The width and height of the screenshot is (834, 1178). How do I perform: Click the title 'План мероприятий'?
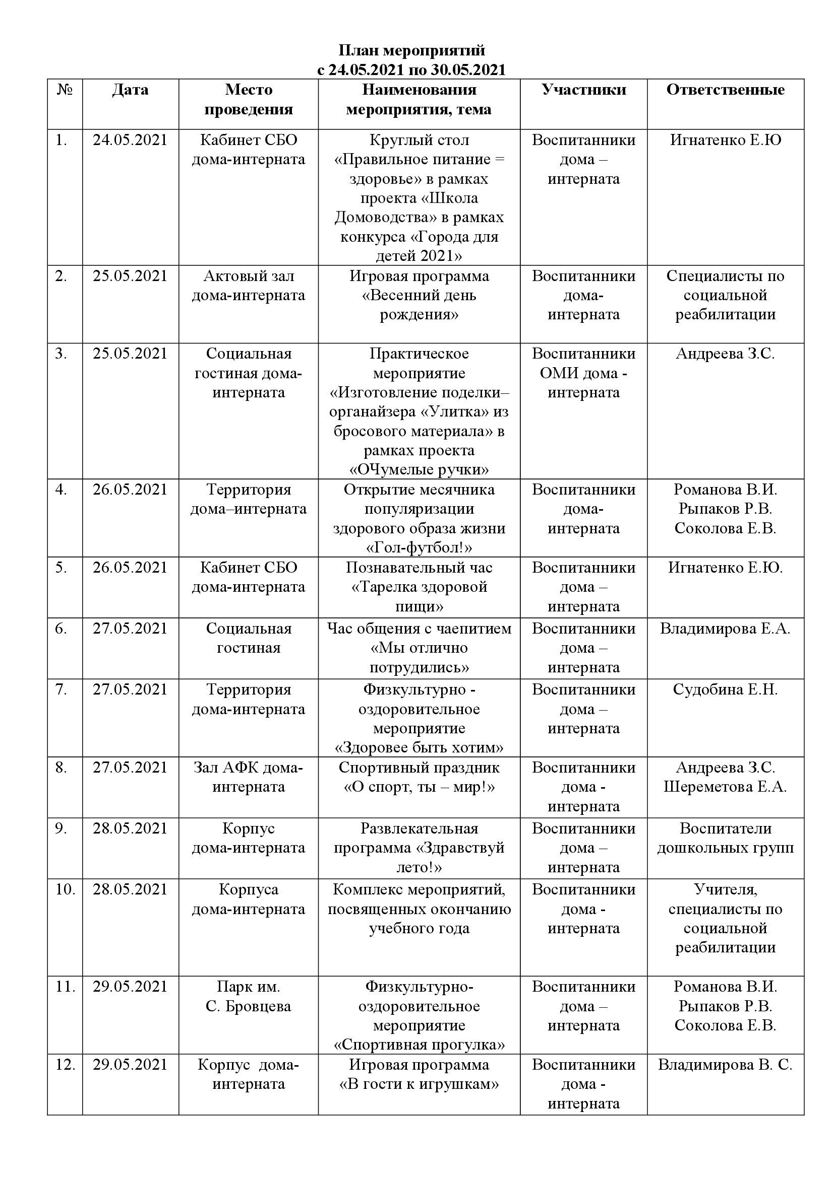point(411,50)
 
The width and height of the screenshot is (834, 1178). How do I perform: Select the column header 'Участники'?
point(583,90)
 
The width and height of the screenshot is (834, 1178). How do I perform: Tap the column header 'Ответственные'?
point(725,90)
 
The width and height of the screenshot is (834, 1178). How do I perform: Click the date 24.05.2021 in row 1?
point(130,140)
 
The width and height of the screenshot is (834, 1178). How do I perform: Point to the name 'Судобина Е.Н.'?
point(725,689)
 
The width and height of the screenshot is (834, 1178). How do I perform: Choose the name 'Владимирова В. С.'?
point(725,1065)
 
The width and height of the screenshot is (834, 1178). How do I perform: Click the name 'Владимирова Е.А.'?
point(725,629)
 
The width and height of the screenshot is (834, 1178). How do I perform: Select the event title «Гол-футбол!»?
point(419,548)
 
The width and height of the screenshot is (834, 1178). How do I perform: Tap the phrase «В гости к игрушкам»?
point(419,1084)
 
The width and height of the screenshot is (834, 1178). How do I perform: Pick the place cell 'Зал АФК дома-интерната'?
point(249,777)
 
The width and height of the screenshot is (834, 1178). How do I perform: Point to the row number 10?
point(65,889)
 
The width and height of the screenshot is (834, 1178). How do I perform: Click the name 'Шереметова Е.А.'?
point(725,787)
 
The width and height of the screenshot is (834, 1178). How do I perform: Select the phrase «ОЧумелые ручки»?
point(419,469)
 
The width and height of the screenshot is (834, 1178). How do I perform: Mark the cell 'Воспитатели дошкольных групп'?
point(725,838)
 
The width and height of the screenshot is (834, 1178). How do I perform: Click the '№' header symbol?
point(65,90)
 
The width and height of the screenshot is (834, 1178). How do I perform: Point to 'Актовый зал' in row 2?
point(249,276)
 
